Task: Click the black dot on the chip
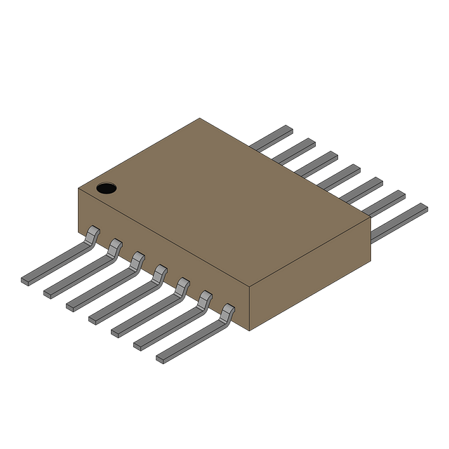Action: [106, 188]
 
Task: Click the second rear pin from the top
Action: [295, 150]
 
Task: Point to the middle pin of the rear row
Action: [340, 175]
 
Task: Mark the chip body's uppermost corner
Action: [200, 119]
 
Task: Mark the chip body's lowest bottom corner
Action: [250, 329]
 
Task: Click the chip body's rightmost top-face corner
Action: [370, 218]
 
